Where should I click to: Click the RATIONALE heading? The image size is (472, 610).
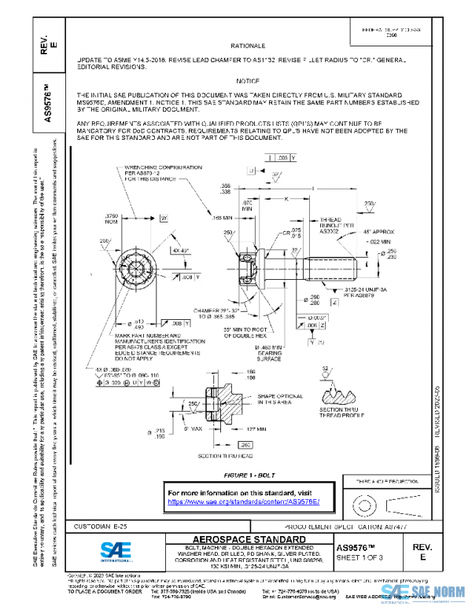coord(248,46)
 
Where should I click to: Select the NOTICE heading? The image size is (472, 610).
coord(248,82)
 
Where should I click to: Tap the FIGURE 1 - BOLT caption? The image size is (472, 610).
coord(248,476)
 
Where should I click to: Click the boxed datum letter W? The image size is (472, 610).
coord(164,217)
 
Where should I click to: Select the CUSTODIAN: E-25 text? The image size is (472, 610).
coord(100,524)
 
